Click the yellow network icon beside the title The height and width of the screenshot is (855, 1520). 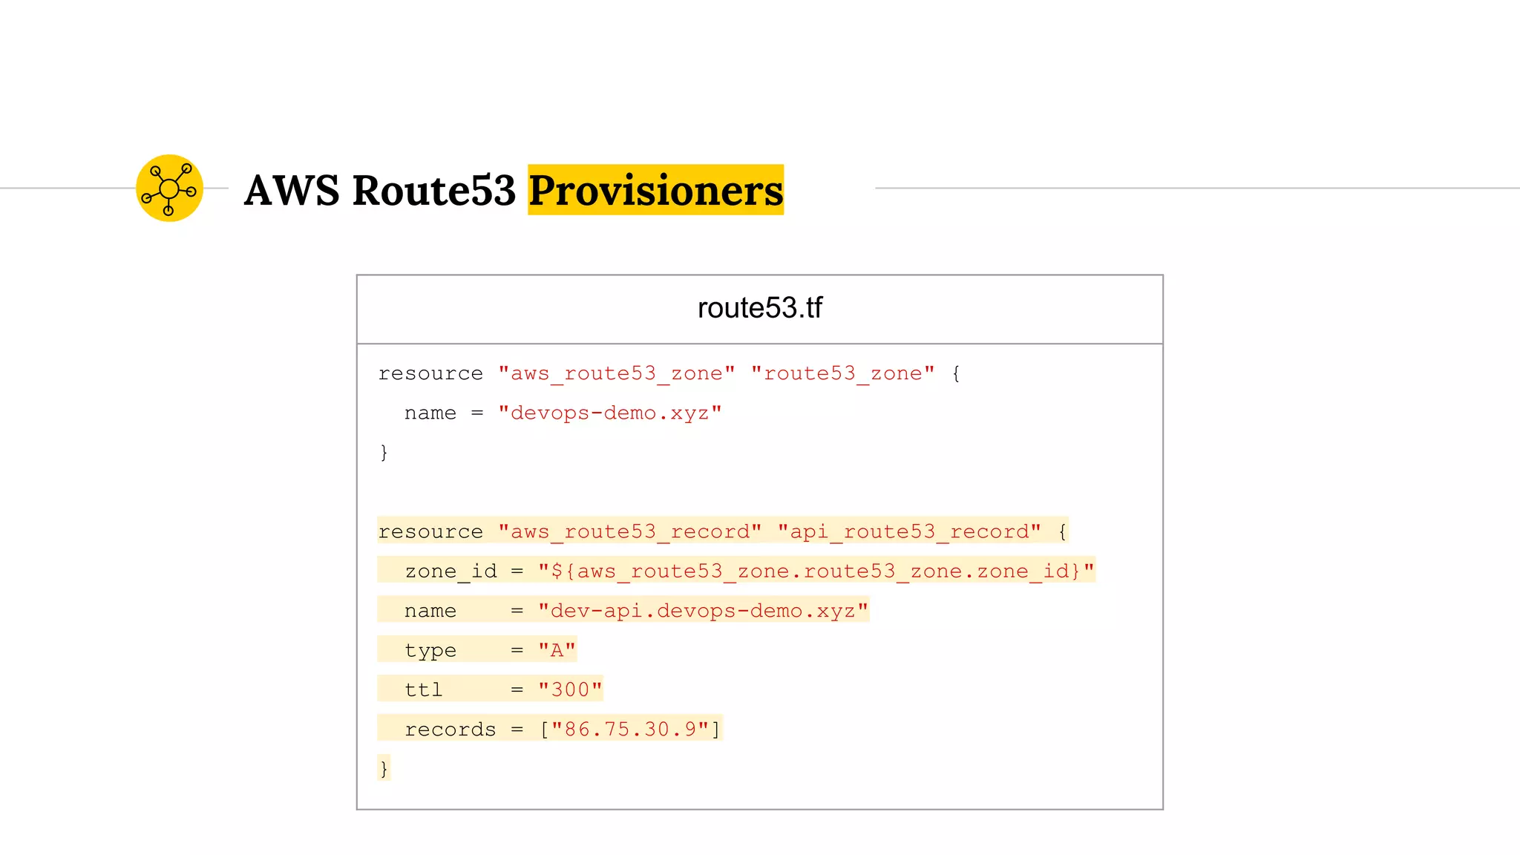(169, 189)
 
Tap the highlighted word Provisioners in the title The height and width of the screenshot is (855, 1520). (655, 190)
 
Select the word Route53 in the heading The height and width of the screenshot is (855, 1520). (433, 190)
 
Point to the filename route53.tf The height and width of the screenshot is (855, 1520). (759, 308)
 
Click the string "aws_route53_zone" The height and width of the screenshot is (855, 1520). (617, 373)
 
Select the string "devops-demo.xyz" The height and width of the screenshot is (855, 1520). (609, 413)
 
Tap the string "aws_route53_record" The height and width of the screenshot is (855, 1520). (629, 531)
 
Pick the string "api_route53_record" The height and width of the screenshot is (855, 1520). (909, 531)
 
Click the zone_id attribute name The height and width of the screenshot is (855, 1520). (451, 571)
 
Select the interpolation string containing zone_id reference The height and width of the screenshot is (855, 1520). (816, 571)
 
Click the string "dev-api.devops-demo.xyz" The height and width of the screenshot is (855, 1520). (703, 611)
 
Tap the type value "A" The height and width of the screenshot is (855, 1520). (557, 650)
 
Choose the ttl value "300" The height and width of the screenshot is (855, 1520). (570, 689)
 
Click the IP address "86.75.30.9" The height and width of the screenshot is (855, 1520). (630, 730)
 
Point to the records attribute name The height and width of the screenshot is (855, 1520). (450, 730)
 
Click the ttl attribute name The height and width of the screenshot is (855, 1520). (423, 689)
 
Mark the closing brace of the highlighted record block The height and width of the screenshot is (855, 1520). (384, 768)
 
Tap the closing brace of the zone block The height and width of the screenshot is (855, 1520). (384, 452)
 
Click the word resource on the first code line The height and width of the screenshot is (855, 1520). (430, 373)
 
